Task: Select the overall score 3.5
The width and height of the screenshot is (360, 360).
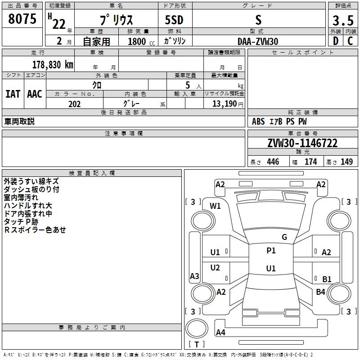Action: tap(342, 21)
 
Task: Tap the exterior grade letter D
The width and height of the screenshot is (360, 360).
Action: tap(335, 41)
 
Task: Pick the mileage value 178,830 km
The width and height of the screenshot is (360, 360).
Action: tap(53, 64)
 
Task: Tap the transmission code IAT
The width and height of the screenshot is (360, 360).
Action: tap(13, 94)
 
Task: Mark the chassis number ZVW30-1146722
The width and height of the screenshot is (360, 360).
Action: tap(302, 143)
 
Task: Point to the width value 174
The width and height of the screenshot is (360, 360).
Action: tap(310, 162)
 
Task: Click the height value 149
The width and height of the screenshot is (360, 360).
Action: tap(346, 162)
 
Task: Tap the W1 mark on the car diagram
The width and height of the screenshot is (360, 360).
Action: tap(216, 206)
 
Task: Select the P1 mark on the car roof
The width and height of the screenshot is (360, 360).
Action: tap(271, 251)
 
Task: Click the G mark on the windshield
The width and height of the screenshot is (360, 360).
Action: tap(284, 237)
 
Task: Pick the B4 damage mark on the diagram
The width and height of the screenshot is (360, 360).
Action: tap(320, 292)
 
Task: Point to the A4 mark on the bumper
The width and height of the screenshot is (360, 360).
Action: tap(220, 333)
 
